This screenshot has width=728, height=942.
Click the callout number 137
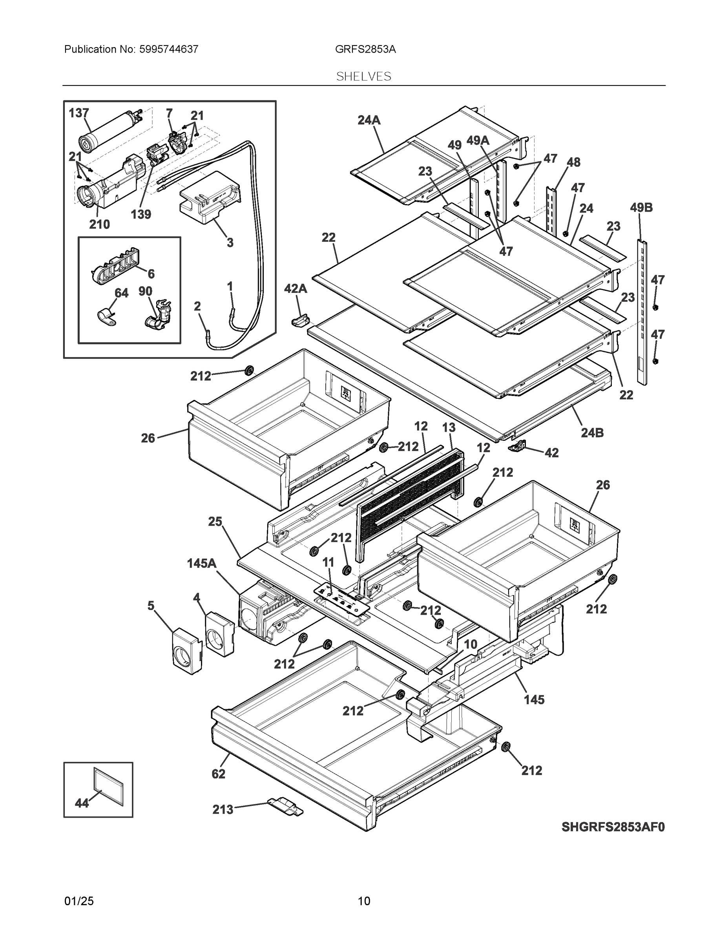click(79, 113)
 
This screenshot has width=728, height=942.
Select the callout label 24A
click(369, 120)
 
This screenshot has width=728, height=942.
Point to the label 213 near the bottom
click(223, 810)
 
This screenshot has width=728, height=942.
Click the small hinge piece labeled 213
click(285, 806)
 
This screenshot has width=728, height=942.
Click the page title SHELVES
click(363, 77)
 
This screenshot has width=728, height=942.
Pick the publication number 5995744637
click(169, 49)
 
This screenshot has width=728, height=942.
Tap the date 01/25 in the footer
click(78, 901)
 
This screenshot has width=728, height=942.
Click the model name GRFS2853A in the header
click(365, 49)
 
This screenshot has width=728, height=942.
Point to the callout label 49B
click(641, 208)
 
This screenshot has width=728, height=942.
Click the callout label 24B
click(592, 433)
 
